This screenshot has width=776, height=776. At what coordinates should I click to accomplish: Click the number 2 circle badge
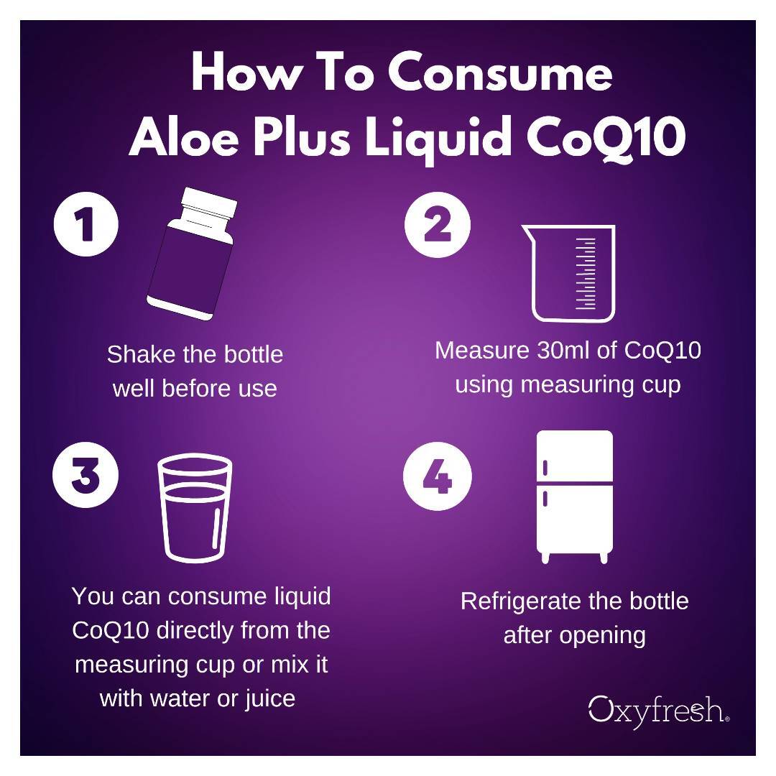coord(437,224)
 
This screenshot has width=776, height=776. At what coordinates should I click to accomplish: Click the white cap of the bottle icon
coord(208,204)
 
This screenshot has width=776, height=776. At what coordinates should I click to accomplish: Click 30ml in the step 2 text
coord(569,350)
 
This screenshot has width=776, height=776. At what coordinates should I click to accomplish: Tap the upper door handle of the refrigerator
coord(545,467)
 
